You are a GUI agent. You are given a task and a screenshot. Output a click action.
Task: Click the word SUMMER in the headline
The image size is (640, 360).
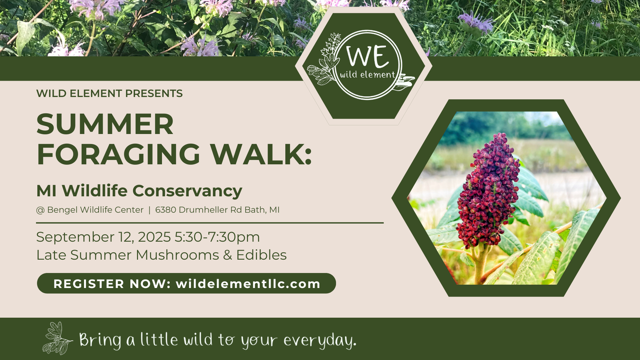pyautogui.click(x=105, y=124)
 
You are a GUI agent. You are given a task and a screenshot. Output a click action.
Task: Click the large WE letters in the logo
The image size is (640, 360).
pyautogui.click(x=368, y=56)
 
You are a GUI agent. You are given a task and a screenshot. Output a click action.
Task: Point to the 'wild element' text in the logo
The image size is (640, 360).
pyautogui.click(x=368, y=74)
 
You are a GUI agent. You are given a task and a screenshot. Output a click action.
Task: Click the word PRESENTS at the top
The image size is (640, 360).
pyautogui.click(x=154, y=94)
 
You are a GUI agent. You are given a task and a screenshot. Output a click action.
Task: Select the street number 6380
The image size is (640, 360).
pyautogui.click(x=166, y=210)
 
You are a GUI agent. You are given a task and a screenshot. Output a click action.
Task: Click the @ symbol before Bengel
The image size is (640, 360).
pyautogui.click(x=40, y=210)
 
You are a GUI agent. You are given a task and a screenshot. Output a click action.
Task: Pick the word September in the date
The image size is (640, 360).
pyautogui.click(x=75, y=238)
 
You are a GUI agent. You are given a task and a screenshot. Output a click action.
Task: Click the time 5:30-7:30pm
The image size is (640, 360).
pyautogui.click(x=217, y=238)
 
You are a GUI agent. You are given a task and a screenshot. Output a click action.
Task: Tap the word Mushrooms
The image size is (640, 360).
pyautogui.click(x=177, y=255)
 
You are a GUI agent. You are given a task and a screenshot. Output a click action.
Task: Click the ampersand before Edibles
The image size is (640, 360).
pyautogui.click(x=228, y=255)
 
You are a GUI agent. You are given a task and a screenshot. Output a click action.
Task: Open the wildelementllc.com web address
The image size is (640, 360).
pyautogui.click(x=248, y=284)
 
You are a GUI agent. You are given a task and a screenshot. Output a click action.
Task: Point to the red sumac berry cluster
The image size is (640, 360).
pyautogui.click(x=488, y=191)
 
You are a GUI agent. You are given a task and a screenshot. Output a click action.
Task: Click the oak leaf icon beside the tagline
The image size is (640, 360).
pyautogui.click(x=57, y=338)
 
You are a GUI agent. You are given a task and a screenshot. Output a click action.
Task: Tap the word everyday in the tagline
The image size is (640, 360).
pyautogui.click(x=320, y=340)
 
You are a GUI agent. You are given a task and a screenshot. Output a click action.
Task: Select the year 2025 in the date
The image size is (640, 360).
pyautogui.click(x=154, y=238)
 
